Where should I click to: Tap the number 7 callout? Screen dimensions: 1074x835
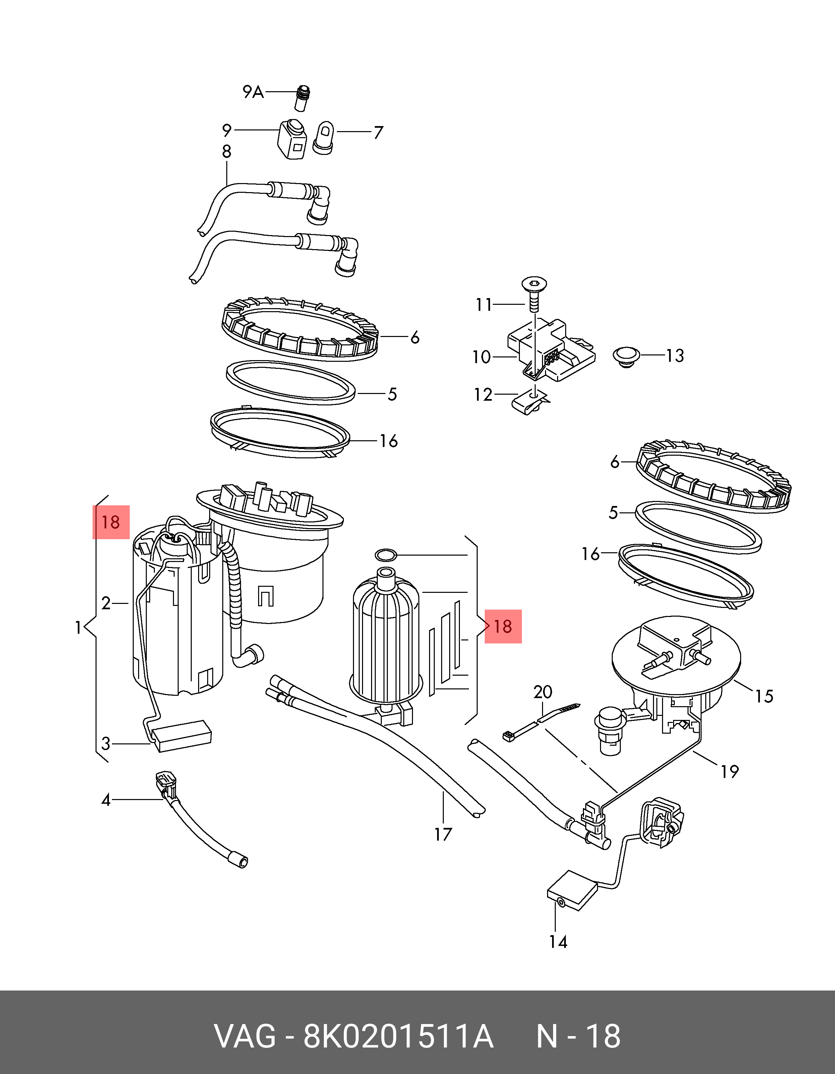pos(377,133)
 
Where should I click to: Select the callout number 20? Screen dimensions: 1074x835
pos(543,692)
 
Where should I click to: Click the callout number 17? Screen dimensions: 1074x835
pos(443,835)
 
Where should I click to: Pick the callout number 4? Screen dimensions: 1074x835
pos(106,800)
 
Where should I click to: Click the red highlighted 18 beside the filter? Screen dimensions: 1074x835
pos(503,626)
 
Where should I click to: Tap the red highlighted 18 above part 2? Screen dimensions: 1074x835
pos(111,522)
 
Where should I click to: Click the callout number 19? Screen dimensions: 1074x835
pos(730,772)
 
